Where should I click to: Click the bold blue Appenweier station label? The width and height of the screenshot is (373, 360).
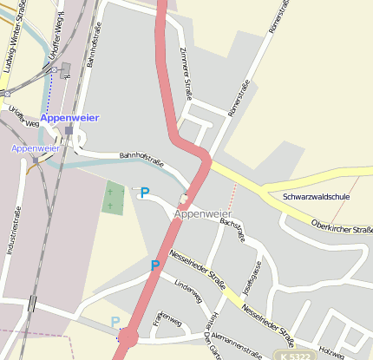(69, 118)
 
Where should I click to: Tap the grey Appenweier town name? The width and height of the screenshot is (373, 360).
(203, 213)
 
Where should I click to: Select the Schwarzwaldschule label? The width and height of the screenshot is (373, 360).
(316, 197)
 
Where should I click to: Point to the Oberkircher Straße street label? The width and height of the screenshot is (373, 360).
(343, 230)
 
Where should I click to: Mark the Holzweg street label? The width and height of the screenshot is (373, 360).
(330, 350)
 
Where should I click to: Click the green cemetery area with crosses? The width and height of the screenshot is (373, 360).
(113, 198)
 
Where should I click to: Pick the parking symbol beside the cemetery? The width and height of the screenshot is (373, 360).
(144, 193)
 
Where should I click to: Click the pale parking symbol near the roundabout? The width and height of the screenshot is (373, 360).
(115, 323)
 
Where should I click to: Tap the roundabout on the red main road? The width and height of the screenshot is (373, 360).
(128, 336)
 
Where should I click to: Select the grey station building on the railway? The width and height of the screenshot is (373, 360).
(66, 69)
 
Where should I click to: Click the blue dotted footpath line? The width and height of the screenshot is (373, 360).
(51, 91)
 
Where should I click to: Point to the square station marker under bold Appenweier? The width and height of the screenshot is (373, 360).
(69, 130)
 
